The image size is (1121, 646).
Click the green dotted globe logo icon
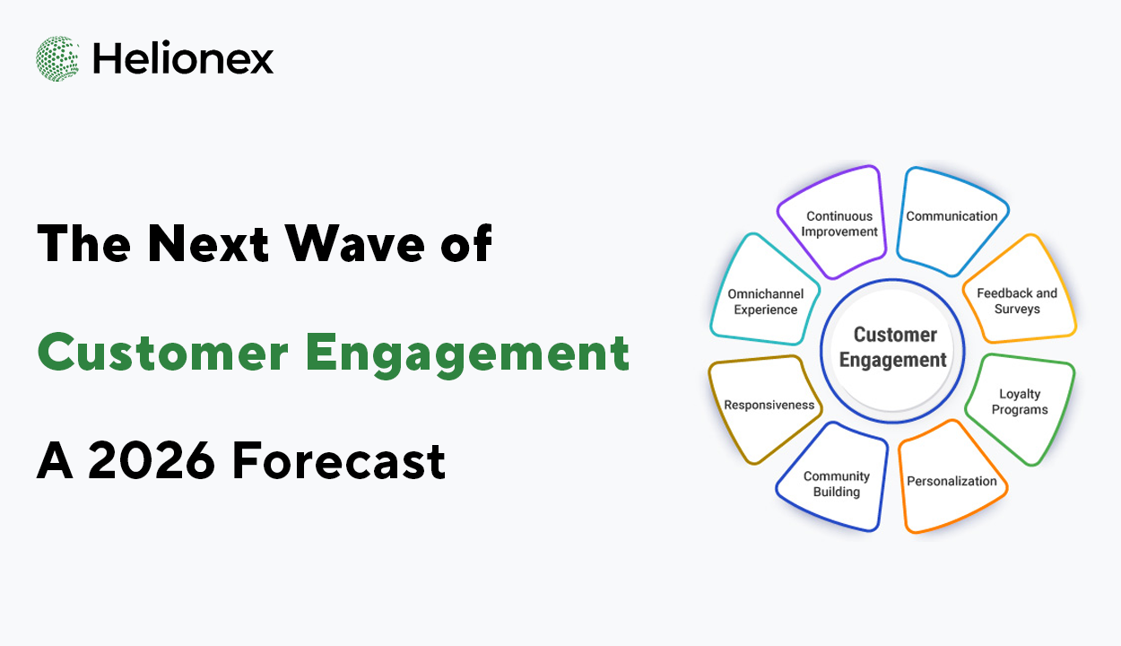57,58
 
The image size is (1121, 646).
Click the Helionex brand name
183,58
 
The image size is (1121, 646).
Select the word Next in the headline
209,243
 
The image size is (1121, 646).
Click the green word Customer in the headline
163,353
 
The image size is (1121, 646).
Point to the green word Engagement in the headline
467,354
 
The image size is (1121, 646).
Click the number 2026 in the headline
152,460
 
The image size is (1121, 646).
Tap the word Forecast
339,460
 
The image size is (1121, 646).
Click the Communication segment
951,221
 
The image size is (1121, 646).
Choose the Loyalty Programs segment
1021,408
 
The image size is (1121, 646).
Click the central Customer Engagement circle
892,351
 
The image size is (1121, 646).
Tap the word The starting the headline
84,243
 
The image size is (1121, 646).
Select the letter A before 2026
55,460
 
